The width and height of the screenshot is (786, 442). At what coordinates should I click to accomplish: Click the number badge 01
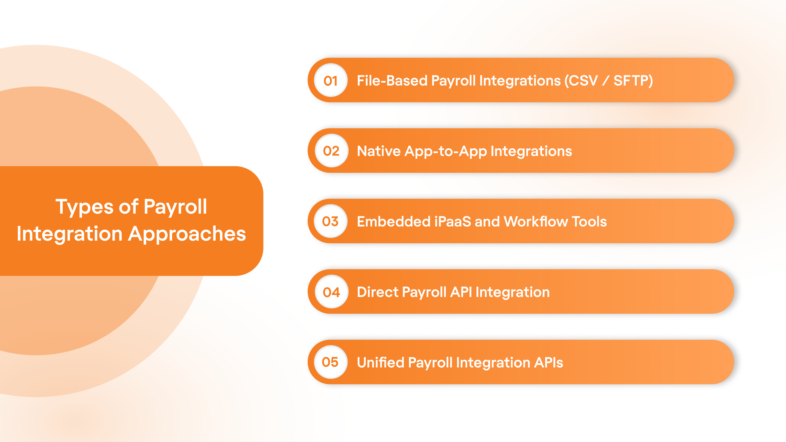[x=331, y=81]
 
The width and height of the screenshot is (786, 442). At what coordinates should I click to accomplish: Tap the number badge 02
[x=331, y=151]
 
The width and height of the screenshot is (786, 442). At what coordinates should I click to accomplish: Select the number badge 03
[x=330, y=221]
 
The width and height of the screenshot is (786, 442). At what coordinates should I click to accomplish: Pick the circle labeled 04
[x=331, y=292]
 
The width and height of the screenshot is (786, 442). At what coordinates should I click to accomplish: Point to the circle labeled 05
[x=330, y=362]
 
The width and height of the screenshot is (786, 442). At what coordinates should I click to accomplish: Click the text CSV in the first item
[x=583, y=81]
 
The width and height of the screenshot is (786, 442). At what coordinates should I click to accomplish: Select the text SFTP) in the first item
[x=633, y=81]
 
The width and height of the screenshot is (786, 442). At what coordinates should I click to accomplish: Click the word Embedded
[x=394, y=221]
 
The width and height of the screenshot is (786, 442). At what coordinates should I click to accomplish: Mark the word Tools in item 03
[x=589, y=221]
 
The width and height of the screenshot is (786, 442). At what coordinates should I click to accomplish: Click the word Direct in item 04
[x=377, y=292]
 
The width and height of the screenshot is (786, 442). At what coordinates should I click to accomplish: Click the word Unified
[x=380, y=362]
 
